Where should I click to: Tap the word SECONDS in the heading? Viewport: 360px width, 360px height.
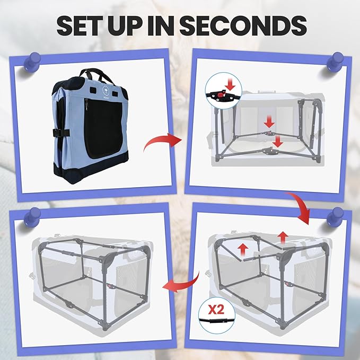click(243, 25)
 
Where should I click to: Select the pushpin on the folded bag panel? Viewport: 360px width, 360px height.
click(33, 62)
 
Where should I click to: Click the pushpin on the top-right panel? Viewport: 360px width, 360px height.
click(335, 62)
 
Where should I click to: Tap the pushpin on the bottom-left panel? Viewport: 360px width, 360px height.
click(33, 217)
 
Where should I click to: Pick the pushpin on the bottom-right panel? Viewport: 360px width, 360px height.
click(335, 217)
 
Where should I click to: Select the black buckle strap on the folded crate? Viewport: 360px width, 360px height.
click(61, 133)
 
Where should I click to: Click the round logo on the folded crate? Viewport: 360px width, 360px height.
click(106, 90)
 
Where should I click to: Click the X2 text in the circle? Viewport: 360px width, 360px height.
click(216, 310)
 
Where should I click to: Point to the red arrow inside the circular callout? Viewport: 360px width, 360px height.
click(230, 84)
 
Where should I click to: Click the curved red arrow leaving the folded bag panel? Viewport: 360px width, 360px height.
click(163, 142)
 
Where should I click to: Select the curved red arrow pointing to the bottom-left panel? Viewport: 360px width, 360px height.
click(181, 283)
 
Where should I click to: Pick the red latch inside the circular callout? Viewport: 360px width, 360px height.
click(220, 95)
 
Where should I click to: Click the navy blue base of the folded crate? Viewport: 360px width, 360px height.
click(91, 169)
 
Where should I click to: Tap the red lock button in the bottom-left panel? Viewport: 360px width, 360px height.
click(111, 286)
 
